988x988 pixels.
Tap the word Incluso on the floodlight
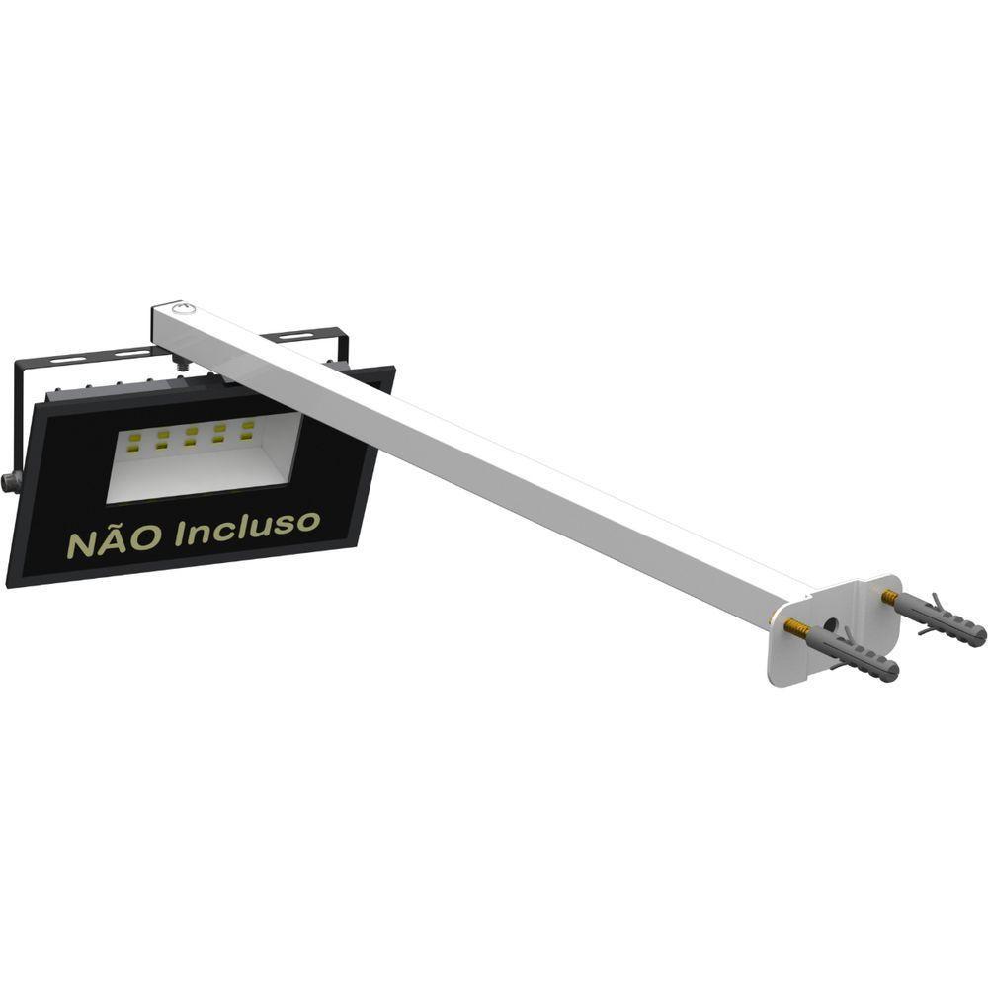tap(247, 527)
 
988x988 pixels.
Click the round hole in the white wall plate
tap(831, 628)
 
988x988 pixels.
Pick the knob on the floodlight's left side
tap(12, 481)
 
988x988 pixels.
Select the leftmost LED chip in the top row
tap(134, 437)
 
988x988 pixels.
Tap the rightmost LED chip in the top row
tap(247, 426)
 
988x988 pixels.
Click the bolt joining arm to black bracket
tap(182, 364)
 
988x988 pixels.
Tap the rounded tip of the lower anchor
tap(892, 673)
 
